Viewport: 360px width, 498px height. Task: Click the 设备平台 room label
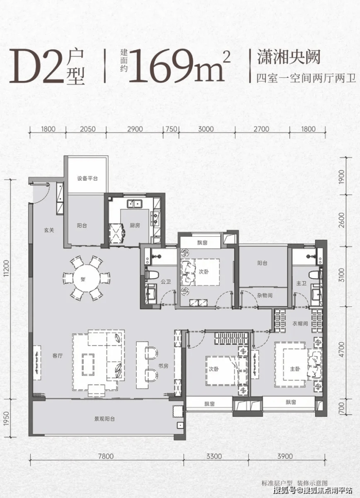(x=87, y=178)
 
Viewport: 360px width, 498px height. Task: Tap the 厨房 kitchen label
(x=135, y=226)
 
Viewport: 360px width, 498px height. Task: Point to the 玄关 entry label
(x=49, y=230)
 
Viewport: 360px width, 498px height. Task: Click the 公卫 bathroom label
(x=166, y=282)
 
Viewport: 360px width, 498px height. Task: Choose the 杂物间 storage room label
(x=265, y=295)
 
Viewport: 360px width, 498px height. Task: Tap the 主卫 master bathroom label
(x=301, y=283)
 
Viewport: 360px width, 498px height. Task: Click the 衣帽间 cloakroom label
(x=300, y=323)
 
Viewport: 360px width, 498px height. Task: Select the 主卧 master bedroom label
(x=295, y=369)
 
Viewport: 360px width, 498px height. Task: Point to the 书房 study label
(x=163, y=366)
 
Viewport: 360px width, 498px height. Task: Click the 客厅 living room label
(x=57, y=356)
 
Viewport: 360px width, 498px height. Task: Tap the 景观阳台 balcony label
(x=104, y=419)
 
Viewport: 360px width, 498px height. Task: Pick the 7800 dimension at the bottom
(x=106, y=456)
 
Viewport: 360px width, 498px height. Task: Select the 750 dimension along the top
(x=171, y=129)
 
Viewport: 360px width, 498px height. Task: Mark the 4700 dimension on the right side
(x=342, y=350)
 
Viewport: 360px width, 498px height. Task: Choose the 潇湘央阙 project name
(x=288, y=57)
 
